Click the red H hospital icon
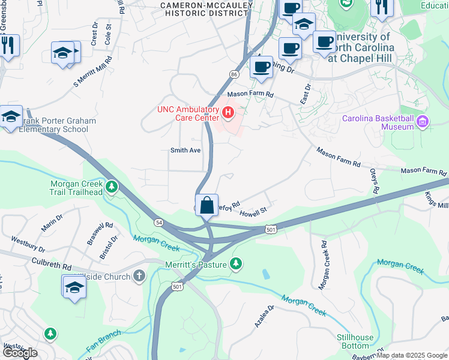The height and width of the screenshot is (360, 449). coord(228,112)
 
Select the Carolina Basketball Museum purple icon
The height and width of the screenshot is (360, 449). coord(423,122)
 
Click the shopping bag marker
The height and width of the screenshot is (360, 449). coord(206,205)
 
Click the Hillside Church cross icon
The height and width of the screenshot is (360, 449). coord(139,277)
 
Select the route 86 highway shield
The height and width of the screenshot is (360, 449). coord(234,73)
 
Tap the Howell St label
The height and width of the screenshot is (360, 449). coord(252,212)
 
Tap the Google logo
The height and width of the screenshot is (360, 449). coord(20,353)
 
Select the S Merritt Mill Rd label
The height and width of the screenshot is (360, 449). coord(93,72)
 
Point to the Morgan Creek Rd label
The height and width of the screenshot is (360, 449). coord(322,266)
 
